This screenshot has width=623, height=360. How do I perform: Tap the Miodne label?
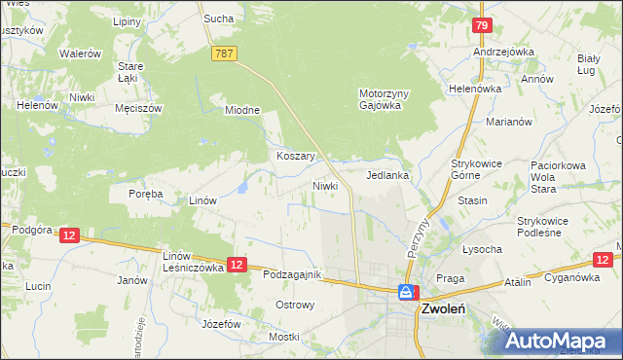tap(242, 110)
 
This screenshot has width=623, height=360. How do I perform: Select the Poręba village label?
tap(146, 194)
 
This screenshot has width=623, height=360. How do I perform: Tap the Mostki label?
tap(284, 337)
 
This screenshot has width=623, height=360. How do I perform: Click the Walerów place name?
tap(81, 54)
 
